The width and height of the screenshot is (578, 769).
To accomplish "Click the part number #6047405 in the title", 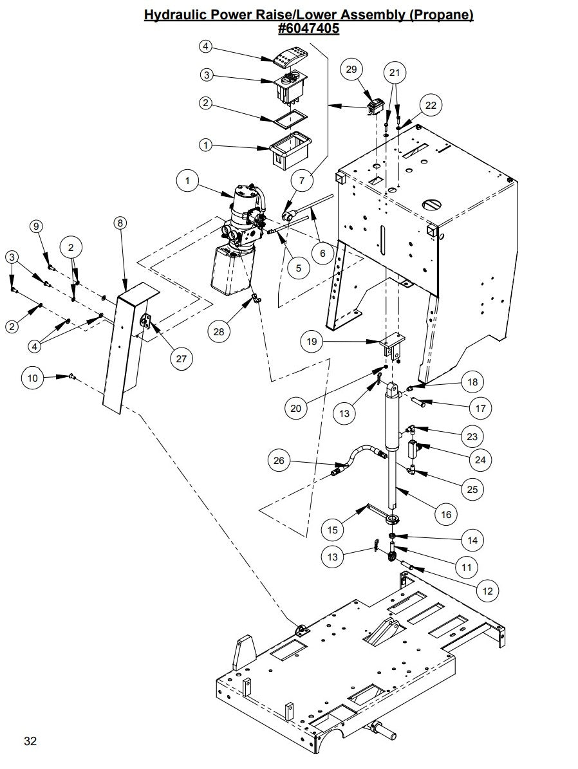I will coord(308,28).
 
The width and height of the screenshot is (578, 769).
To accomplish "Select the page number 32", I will coord(30,741).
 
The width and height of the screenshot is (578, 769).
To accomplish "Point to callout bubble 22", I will coord(431,105).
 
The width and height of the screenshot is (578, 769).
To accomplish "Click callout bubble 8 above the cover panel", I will coord(120,223).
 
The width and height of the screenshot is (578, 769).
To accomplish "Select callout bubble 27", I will coord(181,358).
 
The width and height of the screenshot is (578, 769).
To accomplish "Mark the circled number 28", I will coord(219,331).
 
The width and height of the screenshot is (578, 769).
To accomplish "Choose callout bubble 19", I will coord(311,342).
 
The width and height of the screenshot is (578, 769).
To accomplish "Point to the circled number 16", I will coord(445,514).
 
